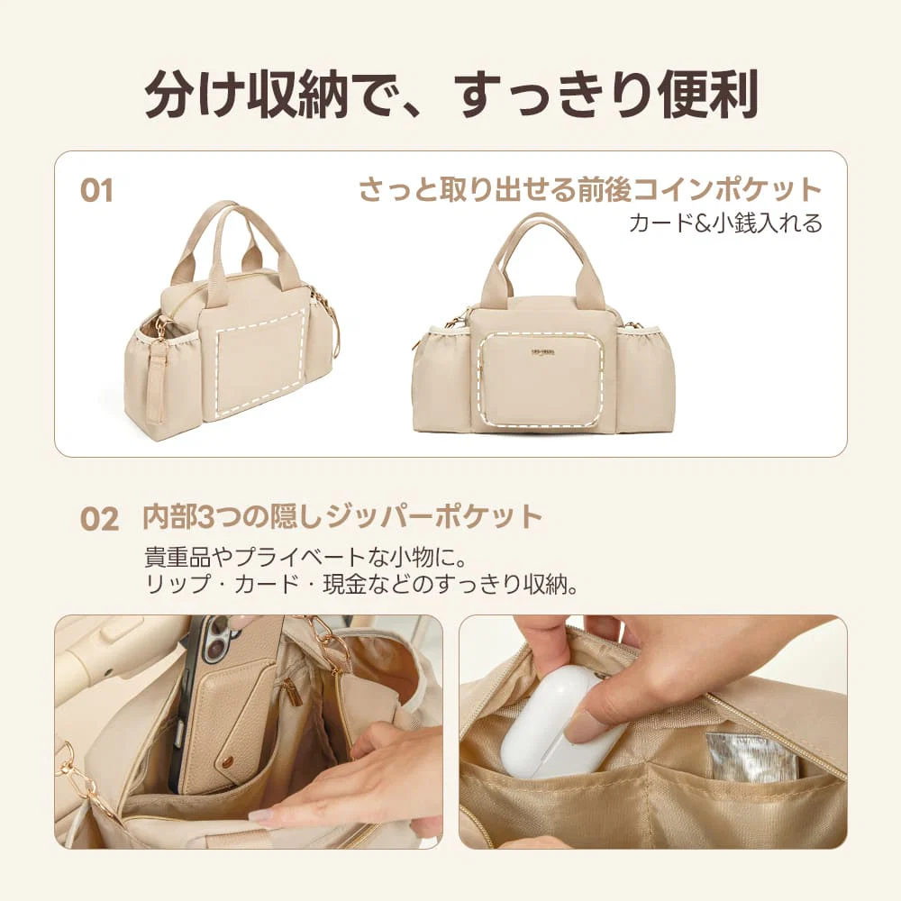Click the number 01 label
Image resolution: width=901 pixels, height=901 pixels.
pyautogui.click(x=96, y=191)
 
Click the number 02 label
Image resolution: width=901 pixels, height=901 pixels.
pyautogui.click(x=100, y=518)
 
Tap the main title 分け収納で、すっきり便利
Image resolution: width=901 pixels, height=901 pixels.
pyautogui.click(x=450, y=93)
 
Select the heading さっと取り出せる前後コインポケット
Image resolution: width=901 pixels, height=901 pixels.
pyautogui.click(x=590, y=190)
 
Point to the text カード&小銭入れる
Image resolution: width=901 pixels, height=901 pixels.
pyautogui.click(x=725, y=223)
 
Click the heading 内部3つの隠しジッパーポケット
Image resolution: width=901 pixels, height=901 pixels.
pyautogui.click(x=343, y=517)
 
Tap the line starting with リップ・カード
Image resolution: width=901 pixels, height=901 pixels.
pyautogui.click(x=360, y=584)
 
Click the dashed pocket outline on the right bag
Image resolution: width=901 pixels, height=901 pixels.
pyautogui.click(x=541, y=378)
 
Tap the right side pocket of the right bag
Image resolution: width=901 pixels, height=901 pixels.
pyautogui.click(x=645, y=378)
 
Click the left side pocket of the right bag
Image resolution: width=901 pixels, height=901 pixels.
pyautogui.click(x=441, y=378)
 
